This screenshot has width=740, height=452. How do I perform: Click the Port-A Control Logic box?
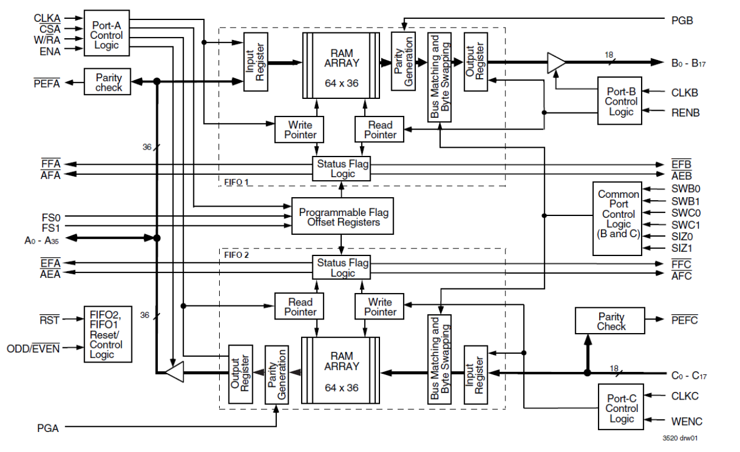pyautogui.click(x=106, y=33)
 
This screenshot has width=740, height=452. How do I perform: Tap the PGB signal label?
pyautogui.click(x=682, y=21)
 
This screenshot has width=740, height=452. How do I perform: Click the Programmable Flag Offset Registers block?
pyautogui.click(x=343, y=217)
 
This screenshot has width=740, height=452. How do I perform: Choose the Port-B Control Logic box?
pyautogui.click(x=620, y=101)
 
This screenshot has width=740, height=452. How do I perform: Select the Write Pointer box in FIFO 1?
pyautogui.click(x=300, y=129)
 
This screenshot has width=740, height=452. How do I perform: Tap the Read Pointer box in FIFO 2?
pyautogui.click(x=300, y=307)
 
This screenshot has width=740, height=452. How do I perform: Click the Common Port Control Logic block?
pyautogui.click(x=617, y=218)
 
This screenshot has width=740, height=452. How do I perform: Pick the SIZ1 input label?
pyautogui.click(x=682, y=248)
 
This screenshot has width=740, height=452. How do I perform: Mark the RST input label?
pyautogui.click(x=49, y=320)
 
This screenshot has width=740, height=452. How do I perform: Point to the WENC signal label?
pyautogui.click(x=686, y=421)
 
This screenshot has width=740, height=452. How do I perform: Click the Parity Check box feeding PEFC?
pyautogui.click(x=611, y=321)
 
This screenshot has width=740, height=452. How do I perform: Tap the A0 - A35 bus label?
pyautogui.click(x=43, y=240)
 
